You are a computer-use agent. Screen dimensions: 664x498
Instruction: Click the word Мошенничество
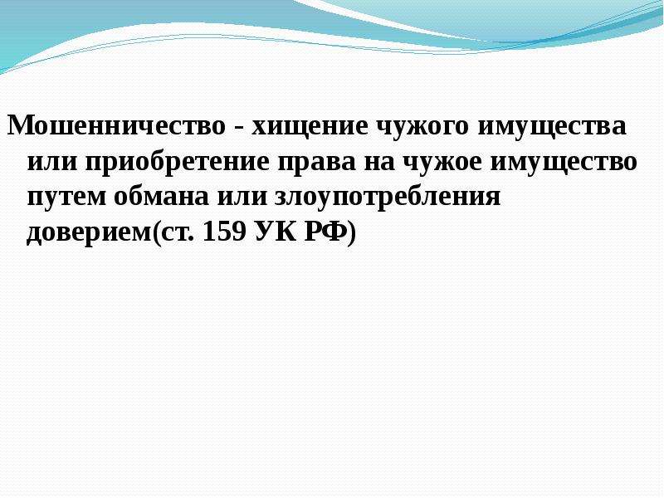tap(117, 125)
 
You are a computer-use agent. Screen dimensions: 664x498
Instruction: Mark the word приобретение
tap(178, 161)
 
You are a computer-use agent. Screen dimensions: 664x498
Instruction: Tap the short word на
tap(379, 162)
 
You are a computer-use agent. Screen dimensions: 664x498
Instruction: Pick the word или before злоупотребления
tap(242, 197)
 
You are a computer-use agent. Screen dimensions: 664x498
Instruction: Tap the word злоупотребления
tap(388, 196)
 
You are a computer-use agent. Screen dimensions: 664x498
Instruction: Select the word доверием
tap(89, 233)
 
